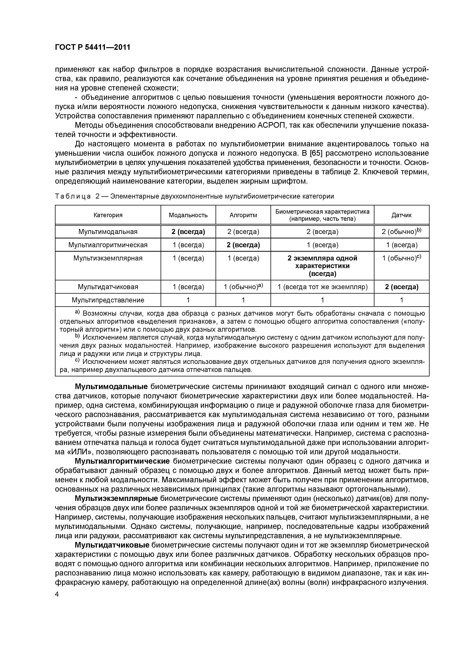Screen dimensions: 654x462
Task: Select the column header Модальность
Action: tap(188, 215)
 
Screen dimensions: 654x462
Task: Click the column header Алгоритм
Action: tap(243, 215)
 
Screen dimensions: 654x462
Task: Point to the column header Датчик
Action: tap(401, 215)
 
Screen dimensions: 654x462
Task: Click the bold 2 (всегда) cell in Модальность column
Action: tap(188, 232)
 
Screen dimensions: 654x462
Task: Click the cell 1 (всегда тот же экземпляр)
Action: tap(322, 287)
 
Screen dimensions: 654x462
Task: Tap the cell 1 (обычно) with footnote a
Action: tap(243, 287)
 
